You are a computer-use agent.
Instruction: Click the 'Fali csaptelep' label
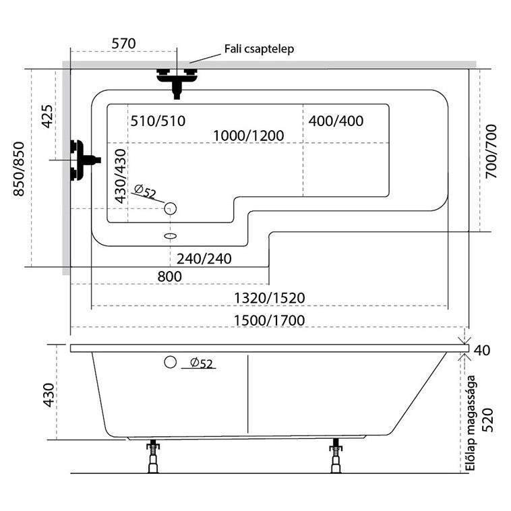pos(259,49)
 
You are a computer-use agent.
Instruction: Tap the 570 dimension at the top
pos(123,44)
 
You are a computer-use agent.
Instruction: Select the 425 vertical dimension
pos(47,117)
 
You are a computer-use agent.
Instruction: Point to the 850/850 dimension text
pos(19,169)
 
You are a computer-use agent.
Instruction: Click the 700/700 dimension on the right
pos(491,151)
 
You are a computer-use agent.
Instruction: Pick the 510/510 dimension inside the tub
pos(158,121)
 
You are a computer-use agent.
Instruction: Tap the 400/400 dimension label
pos(336,121)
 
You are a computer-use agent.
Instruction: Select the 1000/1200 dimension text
pos(249,136)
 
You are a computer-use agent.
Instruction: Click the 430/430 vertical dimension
pos(121,177)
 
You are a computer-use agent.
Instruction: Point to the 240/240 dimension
pos(204,259)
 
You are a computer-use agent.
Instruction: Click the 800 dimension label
pos(169,276)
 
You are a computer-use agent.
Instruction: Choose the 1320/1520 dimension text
pos(270,298)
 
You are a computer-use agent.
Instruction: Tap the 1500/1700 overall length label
pos(270,321)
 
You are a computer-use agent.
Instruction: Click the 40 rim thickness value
pos(481,351)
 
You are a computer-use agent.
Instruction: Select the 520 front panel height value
pos(487,420)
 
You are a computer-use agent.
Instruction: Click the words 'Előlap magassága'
pos(471,423)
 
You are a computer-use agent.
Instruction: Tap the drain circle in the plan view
pos(170,208)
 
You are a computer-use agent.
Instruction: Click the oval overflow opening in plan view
pos(170,236)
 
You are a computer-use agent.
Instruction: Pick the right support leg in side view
pos(336,456)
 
